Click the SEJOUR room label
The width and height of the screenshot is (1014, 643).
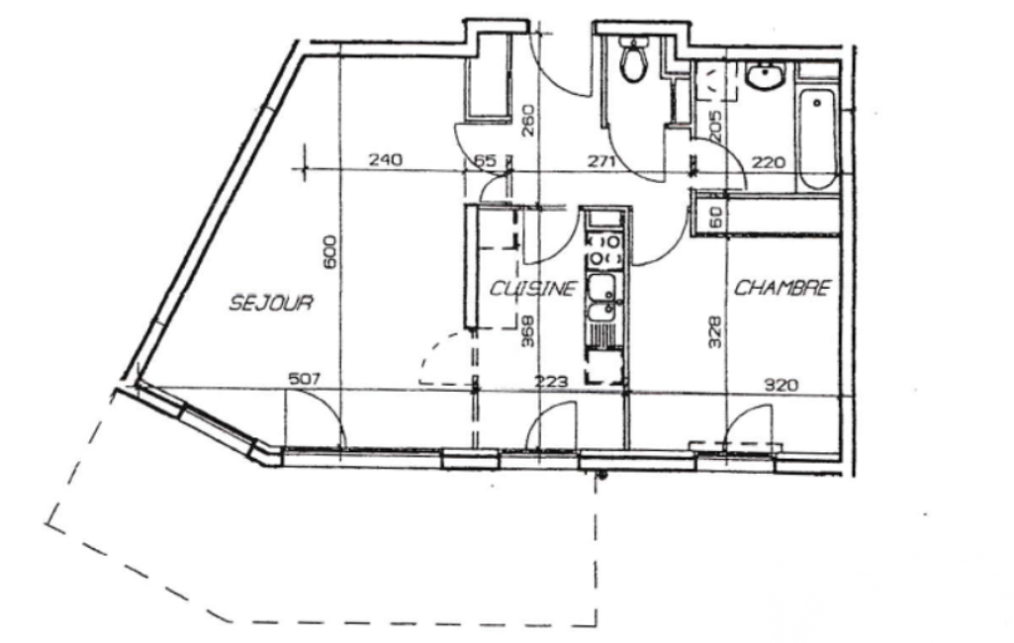click(272, 302)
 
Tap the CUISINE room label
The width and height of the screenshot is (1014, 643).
click(532, 288)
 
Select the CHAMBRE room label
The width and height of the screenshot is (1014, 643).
click(783, 287)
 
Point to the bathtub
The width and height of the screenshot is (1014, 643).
click(817, 138)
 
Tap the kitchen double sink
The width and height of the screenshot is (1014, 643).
click(603, 298)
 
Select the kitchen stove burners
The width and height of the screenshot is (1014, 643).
click(604, 249)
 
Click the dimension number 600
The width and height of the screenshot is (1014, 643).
click(329, 251)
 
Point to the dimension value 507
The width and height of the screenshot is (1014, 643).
click(304, 379)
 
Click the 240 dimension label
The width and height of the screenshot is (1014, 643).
click(386, 159)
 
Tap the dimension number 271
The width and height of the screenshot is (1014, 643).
click(601, 160)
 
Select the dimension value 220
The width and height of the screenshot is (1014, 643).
click(769, 161)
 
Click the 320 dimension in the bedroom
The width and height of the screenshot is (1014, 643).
click(782, 386)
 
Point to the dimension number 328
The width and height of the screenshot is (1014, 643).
click(714, 331)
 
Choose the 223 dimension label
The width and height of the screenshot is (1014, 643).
click(551, 382)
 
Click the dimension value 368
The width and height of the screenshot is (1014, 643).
click(528, 330)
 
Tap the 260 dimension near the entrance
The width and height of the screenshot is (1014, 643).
click(528, 121)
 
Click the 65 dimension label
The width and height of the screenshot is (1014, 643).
click(486, 160)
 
